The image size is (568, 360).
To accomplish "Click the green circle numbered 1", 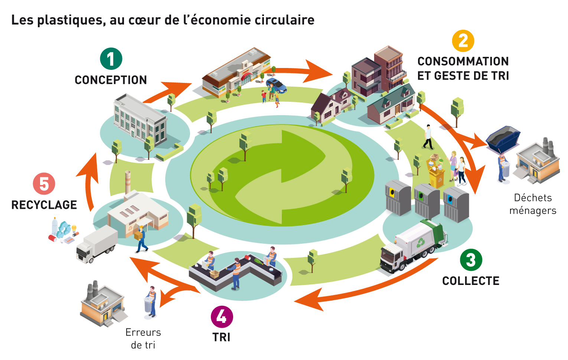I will tap(111, 59).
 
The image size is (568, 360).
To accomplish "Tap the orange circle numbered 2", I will tap(463, 41).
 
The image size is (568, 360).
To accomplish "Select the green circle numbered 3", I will tap(471, 260).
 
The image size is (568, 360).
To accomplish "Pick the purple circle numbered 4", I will tap(222, 317).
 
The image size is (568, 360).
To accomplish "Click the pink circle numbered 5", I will tap(44, 184).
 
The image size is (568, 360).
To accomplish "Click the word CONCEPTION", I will tap(111, 80).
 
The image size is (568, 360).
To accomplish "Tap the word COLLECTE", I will tap(471, 281).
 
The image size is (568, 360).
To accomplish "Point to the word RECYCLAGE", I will tap(44, 205).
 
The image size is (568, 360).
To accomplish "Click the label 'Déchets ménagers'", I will tap(533, 204).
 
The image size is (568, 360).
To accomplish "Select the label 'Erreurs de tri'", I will tap(143, 338).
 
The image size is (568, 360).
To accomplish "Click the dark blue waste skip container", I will tap(503, 137).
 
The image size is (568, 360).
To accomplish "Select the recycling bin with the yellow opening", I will tap(398, 197).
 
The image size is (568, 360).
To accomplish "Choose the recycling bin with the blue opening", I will tap(456, 204).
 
